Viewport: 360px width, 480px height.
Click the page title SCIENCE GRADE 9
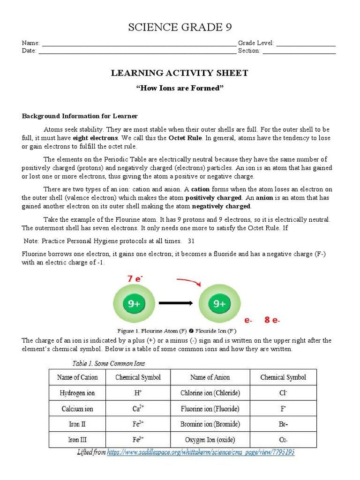180,28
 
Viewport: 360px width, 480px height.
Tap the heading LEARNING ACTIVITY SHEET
180,73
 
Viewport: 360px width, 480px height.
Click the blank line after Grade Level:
306,43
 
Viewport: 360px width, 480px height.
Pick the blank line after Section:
299,51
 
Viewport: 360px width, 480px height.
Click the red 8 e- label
272,321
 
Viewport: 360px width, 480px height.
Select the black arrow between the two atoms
176,303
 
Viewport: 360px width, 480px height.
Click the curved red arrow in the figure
188,281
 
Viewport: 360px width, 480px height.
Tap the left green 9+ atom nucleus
135,304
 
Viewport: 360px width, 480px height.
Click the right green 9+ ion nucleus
220,304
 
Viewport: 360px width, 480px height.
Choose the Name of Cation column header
77,377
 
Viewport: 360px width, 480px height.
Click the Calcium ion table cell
77,409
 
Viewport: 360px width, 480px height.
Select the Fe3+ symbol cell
138,440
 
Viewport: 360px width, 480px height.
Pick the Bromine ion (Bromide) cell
210,424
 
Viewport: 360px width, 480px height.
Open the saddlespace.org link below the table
201,452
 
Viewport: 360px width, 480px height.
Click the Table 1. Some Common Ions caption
109,363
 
